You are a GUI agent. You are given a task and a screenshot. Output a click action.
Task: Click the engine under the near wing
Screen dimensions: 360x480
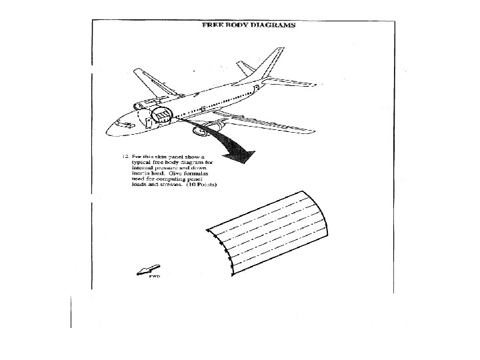click(201, 131)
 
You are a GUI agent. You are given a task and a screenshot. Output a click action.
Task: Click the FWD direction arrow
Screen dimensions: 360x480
click(143, 269)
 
